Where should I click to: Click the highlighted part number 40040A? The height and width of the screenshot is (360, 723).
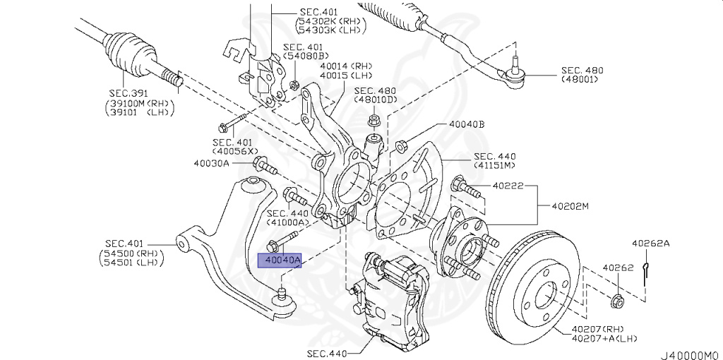click(x=281, y=261)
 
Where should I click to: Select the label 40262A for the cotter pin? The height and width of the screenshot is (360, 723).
click(x=650, y=244)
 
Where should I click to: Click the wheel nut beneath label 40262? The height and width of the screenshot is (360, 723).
click(x=616, y=302)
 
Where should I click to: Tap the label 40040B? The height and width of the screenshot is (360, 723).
click(x=467, y=124)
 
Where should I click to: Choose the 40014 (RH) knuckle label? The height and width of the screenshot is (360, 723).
click(x=345, y=66)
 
